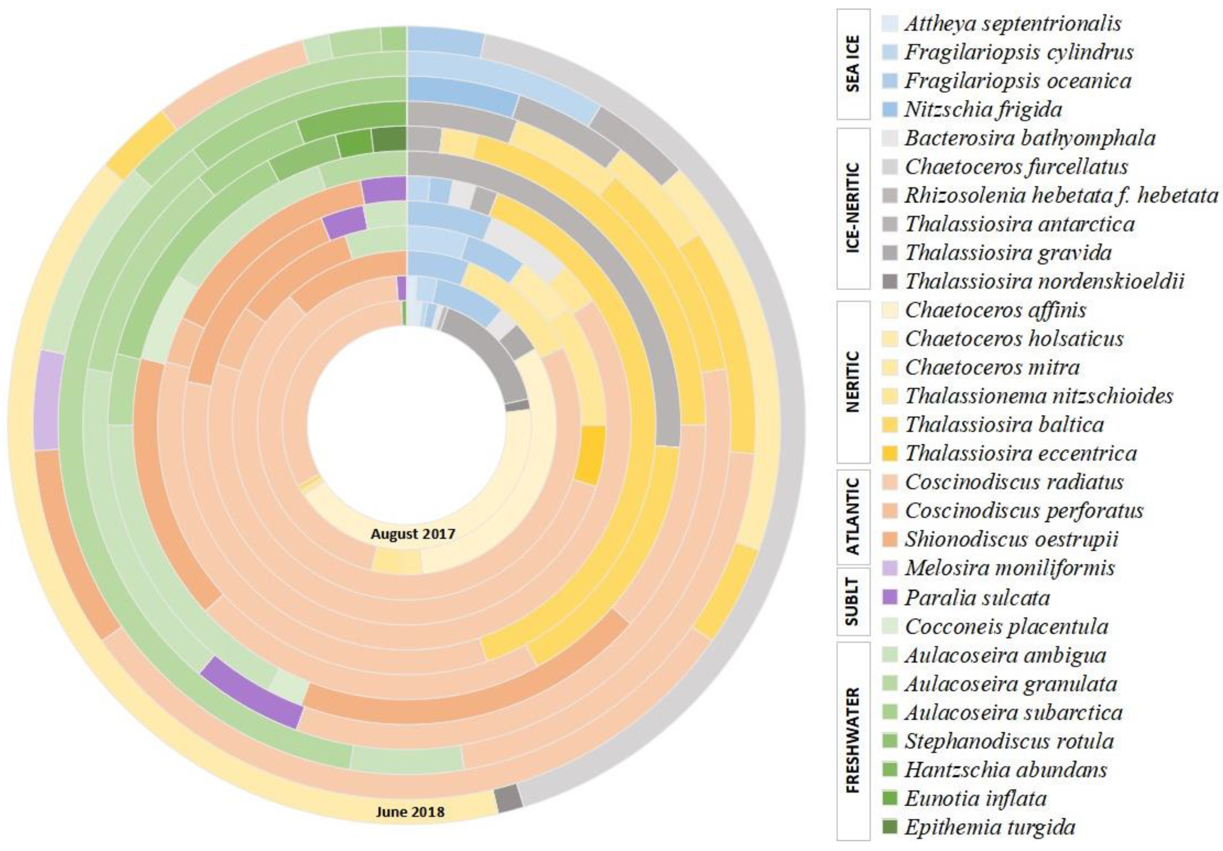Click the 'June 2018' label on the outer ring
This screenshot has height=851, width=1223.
click(x=410, y=812)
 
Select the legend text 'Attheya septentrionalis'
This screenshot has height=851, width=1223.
click(x=1012, y=23)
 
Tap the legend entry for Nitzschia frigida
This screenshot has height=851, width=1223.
click(x=983, y=110)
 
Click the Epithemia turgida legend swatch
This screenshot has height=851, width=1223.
click(x=890, y=827)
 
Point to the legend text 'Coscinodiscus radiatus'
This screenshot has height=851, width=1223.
click(x=1014, y=482)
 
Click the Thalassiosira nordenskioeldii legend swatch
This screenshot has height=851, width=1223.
click(x=890, y=281)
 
